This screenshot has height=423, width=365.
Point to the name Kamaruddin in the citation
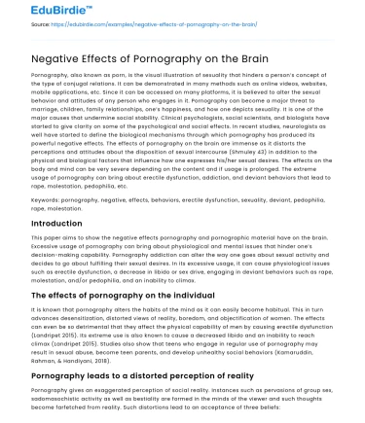pos(312,351)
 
